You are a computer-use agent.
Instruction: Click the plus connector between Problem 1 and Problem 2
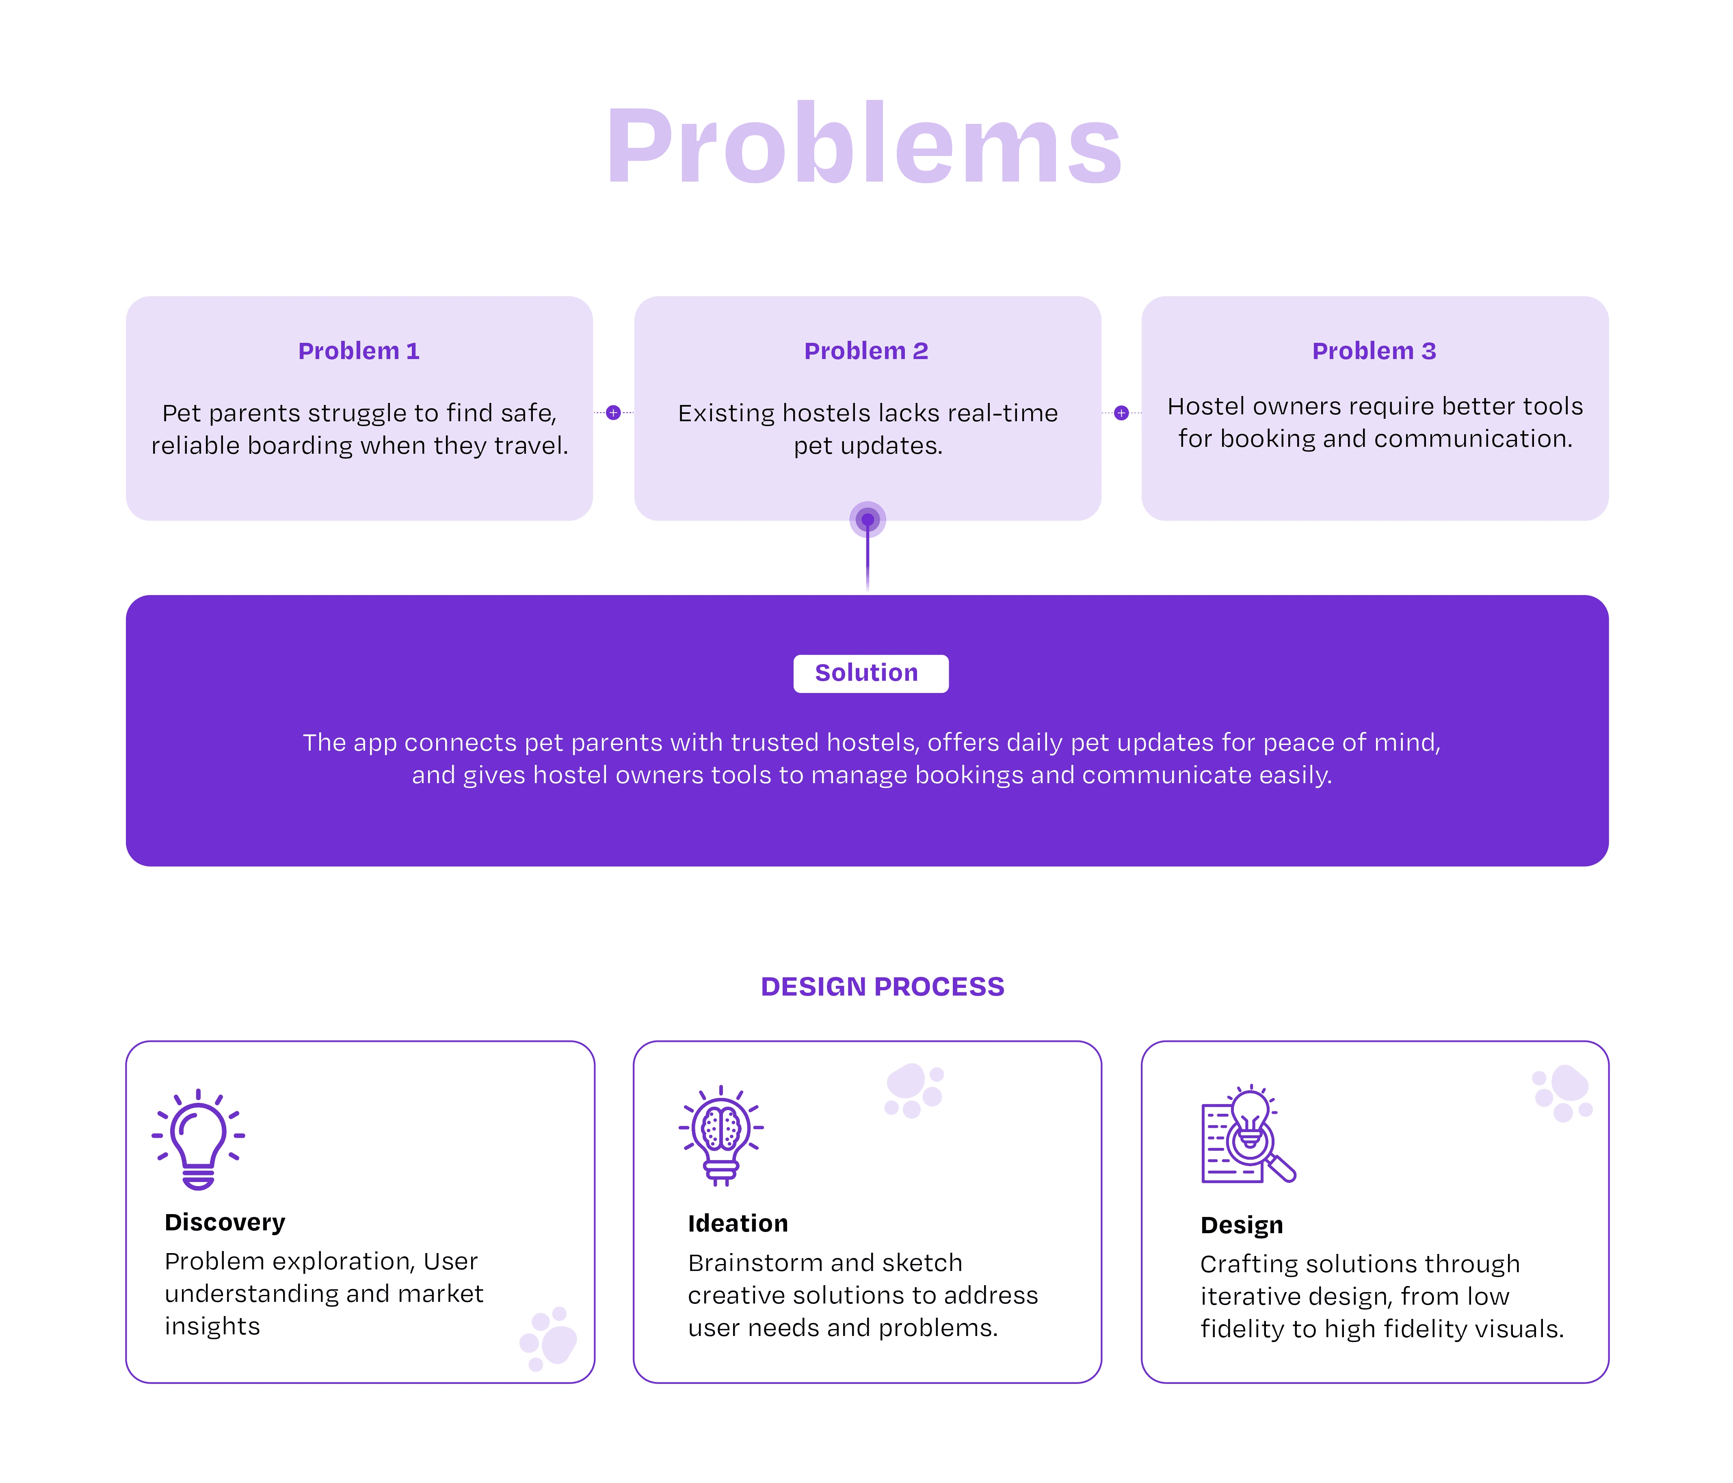tap(613, 412)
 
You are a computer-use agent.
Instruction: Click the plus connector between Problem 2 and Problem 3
tap(1122, 412)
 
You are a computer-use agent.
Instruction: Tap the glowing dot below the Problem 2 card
tap(868, 520)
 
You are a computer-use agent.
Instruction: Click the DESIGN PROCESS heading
tap(883, 987)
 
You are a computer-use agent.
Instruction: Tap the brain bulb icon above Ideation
tap(721, 1135)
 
